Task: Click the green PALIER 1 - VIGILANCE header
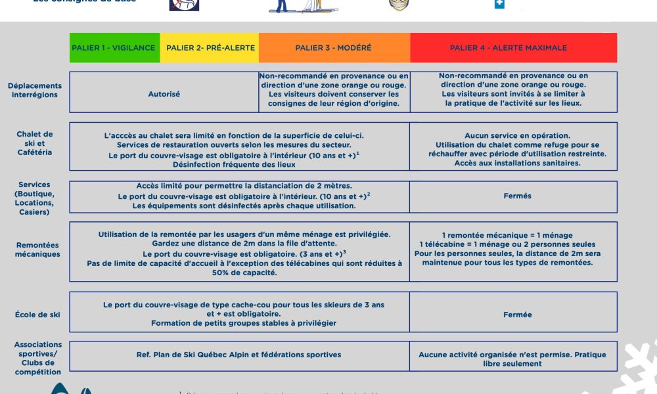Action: click(x=114, y=48)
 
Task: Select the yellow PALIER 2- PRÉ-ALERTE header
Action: click(x=209, y=48)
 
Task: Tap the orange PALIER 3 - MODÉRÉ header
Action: click(x=334, y=48)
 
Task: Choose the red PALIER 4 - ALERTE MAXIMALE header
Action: click(x=514, y=48)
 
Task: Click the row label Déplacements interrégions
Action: click(x=35, y=90)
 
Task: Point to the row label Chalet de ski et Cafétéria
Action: click(x=35, y=143)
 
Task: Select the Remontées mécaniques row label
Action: click(x=37, y=250)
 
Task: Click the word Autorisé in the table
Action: click(x=164, y=94)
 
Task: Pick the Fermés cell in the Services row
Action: click(x=517, y=196)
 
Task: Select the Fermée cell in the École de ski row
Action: click(x=517, y=315)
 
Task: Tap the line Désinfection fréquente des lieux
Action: click(x=238, y=165)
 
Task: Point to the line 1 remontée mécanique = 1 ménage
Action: click(x=507, y=235)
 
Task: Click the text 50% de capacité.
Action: click(x=240, y=273)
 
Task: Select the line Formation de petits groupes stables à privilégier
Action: click(x=244, y=323)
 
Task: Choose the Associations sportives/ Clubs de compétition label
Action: click(x=37, y=359)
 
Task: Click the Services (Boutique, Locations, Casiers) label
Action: click(x=35, y=198)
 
